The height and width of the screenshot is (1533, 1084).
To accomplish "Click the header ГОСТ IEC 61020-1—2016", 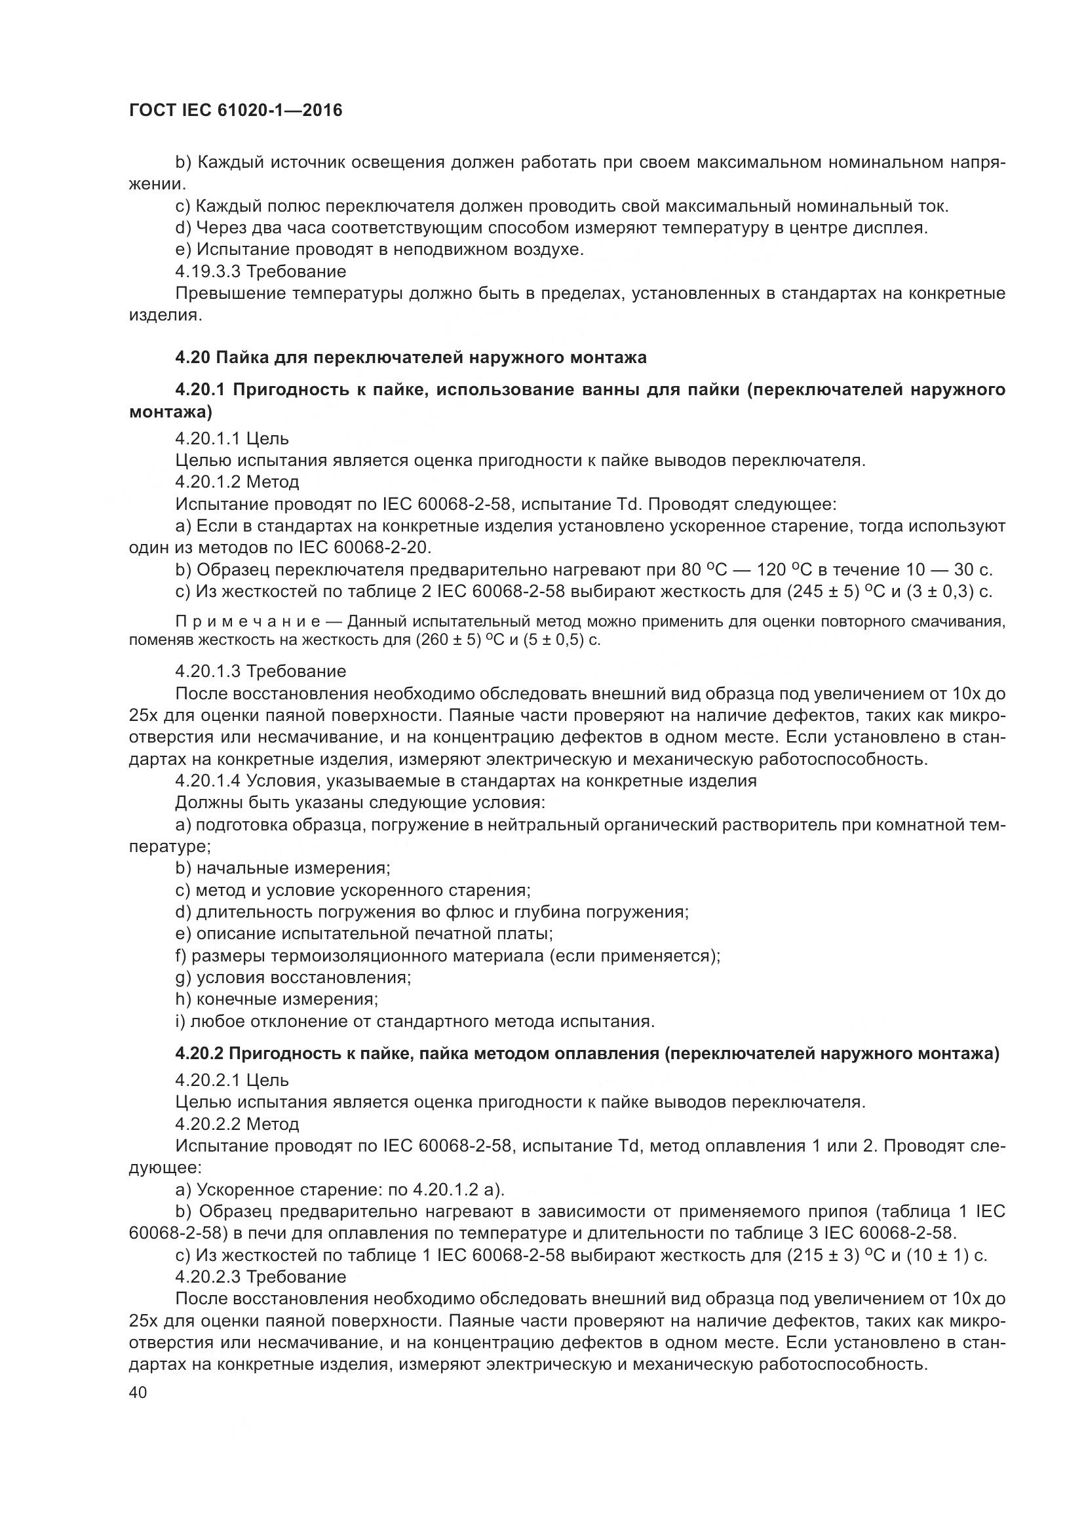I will point(235,110).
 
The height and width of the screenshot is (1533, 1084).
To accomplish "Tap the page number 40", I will point(138,1392).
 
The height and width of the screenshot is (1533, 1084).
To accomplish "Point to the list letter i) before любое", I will point(180,1021).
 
